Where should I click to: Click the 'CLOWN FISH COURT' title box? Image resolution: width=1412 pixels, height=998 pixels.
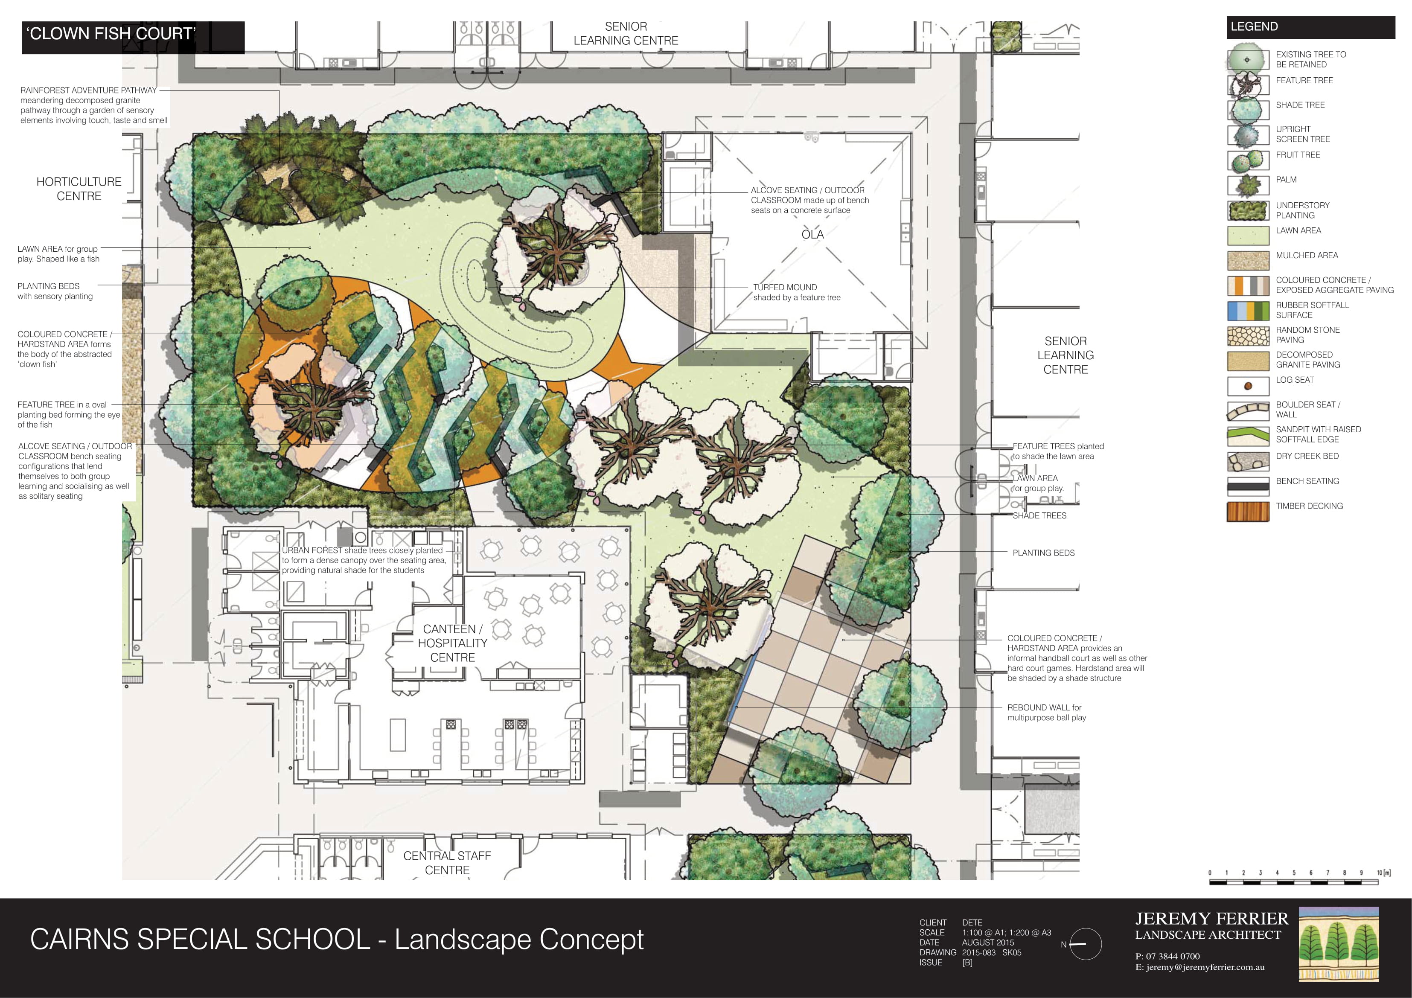coord(133,38)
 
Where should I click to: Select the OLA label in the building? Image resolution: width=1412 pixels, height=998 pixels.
coord(812,234)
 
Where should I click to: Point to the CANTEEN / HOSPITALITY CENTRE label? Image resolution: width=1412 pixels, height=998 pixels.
coord(453,643)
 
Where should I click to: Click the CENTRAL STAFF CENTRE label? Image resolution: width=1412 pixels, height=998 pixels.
coord(447,863)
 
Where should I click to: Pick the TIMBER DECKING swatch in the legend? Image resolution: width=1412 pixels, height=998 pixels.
coord(1248,512)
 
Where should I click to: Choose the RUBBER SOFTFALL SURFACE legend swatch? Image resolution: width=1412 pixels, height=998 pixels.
coord(1248,311)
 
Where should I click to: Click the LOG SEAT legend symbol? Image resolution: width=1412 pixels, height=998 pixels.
coord(1248,386)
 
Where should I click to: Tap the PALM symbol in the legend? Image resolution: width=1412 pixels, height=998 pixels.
coord(1248,185)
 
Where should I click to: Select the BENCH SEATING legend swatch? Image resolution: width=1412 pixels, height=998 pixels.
coord(1248,486)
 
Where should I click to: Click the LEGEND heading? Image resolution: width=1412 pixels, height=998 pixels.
coord(1254,26)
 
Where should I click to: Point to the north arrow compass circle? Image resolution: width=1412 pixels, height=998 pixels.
coord(1086,944)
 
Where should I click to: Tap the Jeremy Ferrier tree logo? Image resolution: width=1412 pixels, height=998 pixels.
coord(1339,944)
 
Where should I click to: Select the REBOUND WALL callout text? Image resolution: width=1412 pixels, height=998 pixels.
coord(1047,713)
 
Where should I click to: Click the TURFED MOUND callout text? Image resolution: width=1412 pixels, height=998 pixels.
coord(796,292)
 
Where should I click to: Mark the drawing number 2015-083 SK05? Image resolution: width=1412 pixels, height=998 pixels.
coord(991,952)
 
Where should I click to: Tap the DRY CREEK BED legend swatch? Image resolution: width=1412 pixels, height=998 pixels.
coord(1248,461)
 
